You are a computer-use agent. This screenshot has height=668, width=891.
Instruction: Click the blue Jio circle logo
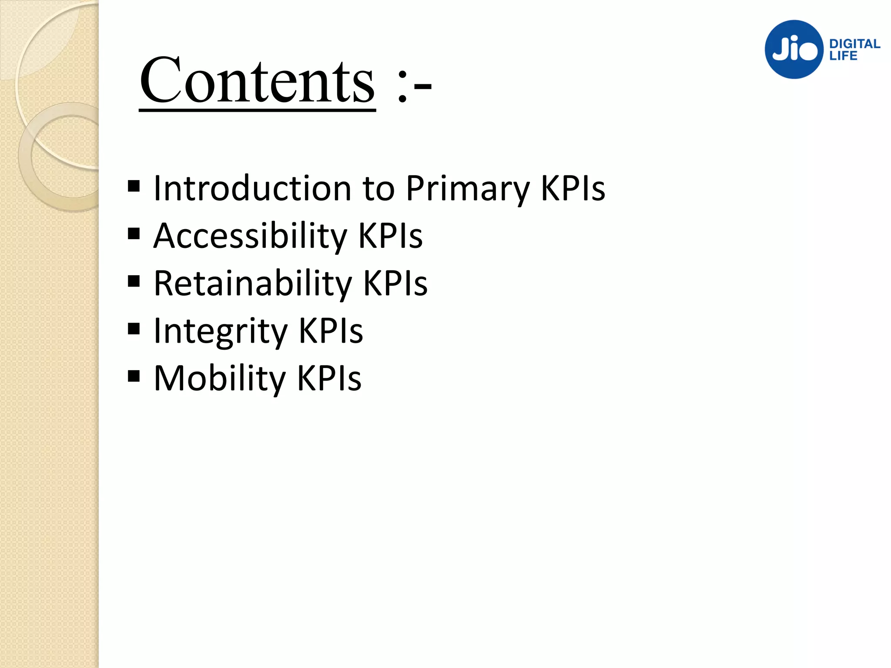point(794,50)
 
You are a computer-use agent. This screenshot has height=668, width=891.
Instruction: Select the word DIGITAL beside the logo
point(854,44)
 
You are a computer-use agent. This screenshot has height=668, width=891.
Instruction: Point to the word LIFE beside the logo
point(843,56)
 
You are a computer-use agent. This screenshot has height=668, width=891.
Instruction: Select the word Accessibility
point(251,236)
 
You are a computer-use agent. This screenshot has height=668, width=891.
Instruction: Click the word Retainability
point(253,284)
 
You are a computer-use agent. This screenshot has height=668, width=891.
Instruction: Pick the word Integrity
point(221,331)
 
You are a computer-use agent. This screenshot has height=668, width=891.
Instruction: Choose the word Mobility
point(220,379)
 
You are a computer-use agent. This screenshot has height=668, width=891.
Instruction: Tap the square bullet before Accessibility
point(134,234)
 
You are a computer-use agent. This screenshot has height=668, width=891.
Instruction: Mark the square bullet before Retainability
point(134,281)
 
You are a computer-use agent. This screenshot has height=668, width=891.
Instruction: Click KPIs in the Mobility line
point(329,378)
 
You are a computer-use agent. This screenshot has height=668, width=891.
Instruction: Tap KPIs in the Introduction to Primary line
point(573,188)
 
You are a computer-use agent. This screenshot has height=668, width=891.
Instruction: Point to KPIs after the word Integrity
point(331,331)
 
